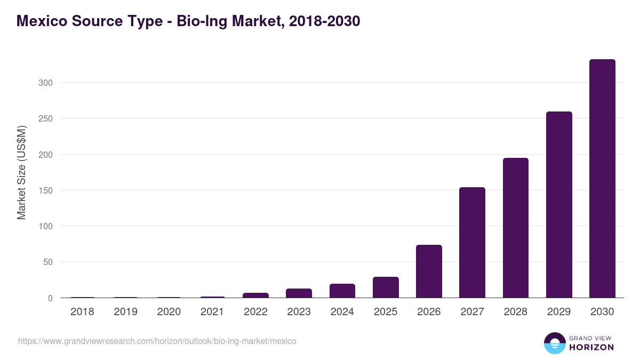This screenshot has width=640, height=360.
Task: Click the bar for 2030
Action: (x=602, y=179)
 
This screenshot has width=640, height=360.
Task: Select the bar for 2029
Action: (x=559, y=205)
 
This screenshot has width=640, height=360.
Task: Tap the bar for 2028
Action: (x=516, y=228)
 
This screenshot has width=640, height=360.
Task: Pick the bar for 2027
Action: (x=472, y=243)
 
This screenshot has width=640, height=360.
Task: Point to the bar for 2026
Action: (x=429, y=271)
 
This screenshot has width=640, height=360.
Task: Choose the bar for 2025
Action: (x=386, y=287)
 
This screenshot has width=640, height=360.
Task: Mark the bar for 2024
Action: (x=342, y=291)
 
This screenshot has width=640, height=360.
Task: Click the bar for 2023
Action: (x=299, y=293)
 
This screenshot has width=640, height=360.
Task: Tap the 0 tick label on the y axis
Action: (x=50, y=298)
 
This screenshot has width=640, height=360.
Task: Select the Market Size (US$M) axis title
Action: (x=21, y=172)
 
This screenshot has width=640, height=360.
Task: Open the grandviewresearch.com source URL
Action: (x=157, y=341)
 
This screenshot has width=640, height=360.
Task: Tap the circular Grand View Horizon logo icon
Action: (x=554, y=343)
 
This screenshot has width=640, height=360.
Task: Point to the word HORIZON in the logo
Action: (x=591, y=347)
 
